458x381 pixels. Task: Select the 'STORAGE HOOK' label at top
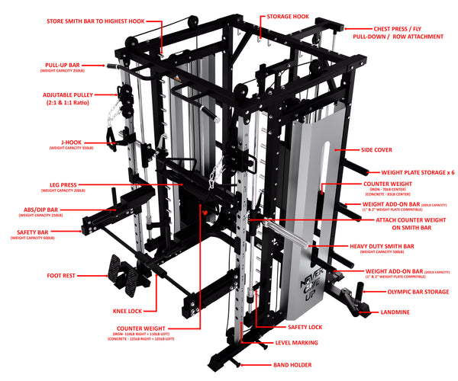[288, 15]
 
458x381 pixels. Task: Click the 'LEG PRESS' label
[68, 184]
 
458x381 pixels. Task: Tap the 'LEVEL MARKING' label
[298, 344]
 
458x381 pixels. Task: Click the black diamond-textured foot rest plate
[121, 272]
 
